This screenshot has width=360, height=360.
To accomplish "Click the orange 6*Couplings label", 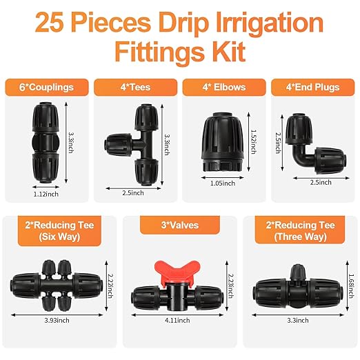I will point(46,88).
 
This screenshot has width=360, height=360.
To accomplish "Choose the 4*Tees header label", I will point(135,88).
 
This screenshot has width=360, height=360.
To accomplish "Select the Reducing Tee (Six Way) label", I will point(61,231).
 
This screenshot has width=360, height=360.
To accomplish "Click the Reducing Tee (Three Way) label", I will point(298,231).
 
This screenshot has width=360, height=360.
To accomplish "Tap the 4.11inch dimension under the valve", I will point(178,319).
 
